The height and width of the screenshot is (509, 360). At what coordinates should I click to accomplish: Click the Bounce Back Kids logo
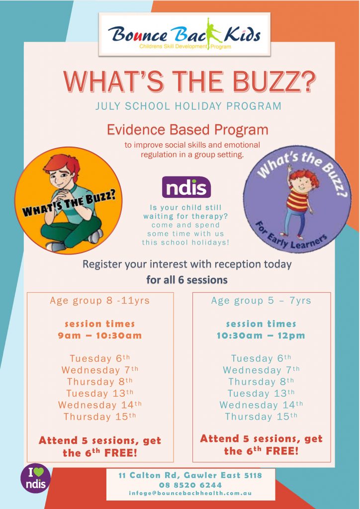coord(184,34)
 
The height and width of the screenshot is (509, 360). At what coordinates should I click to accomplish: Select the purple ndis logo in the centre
coord(186,187)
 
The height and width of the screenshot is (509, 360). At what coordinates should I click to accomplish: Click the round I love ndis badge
coord(36,478)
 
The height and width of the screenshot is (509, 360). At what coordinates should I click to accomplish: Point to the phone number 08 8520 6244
coord(190,485)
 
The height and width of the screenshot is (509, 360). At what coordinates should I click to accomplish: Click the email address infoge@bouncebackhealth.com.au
coord(190,493)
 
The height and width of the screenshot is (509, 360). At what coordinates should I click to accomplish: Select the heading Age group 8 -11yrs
coord(99,301)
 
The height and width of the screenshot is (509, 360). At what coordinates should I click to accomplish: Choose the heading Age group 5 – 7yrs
coord(261,301)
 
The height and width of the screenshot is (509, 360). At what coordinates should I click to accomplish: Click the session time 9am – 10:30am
coord(99,336)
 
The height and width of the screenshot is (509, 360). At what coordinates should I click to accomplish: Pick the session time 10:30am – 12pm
coord(261,336)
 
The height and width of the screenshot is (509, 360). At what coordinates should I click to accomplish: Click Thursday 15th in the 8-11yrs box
coord(99,416)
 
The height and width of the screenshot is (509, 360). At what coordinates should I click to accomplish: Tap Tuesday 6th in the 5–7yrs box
coord(261,358)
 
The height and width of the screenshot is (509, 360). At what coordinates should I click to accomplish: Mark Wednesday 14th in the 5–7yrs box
coord(261,405)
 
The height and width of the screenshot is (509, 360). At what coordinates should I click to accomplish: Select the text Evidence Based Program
coord(187,130)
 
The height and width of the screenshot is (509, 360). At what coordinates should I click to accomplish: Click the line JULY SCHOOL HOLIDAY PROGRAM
coord(188,106)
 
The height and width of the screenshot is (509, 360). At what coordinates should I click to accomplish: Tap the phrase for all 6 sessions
coord(186,279)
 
